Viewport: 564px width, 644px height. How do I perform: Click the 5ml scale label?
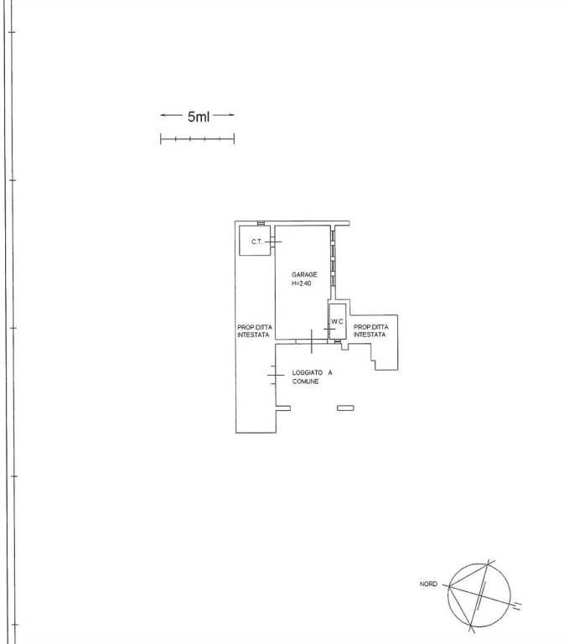(199, 117)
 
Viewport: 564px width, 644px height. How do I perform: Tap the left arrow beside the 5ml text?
(171, 115)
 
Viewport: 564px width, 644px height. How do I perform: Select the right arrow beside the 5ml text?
(224, 115)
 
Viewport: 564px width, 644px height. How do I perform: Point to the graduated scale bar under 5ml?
(198, 139)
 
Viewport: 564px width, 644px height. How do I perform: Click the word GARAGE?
(304, 274)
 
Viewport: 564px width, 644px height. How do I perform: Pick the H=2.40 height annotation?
(302, 283)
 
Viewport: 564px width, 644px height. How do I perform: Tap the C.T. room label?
(256, 241)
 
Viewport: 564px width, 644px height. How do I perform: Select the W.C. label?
(337, 322)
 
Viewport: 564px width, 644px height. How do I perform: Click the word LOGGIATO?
(307, 372)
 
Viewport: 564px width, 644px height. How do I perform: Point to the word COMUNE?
(305, 382)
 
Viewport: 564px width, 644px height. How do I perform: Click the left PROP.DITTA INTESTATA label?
(255, 331)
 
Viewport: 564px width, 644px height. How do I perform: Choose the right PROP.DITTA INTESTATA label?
(370, 330)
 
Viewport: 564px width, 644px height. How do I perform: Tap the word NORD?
(428, 584)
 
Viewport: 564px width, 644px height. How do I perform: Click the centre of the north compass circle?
(479, 595)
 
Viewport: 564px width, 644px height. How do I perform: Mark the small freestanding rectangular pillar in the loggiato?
(345, 408)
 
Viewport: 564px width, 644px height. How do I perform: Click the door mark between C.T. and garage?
(273, 241)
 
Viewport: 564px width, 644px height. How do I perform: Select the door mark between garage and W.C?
(329, 329)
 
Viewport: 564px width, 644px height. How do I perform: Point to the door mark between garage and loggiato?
(312, 341)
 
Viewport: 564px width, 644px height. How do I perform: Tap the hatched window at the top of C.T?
(261, 223)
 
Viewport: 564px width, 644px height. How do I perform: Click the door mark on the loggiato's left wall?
(276, 375)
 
